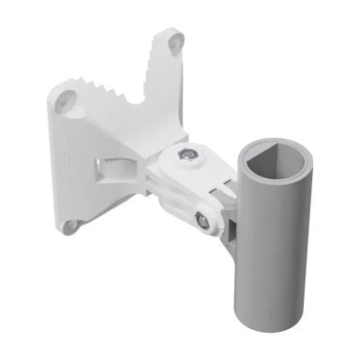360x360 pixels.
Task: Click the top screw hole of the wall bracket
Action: tap(173, 43)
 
